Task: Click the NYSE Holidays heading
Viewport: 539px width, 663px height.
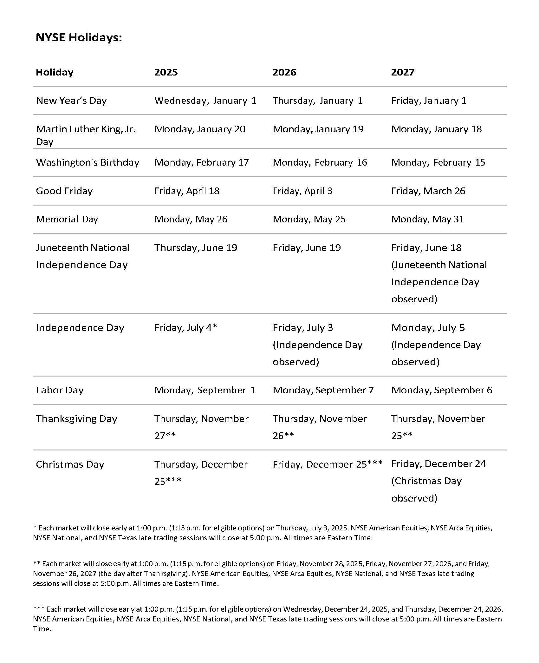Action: [79, 38]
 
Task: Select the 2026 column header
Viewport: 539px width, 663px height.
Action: [284, 72]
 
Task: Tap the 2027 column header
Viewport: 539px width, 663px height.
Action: [402, 72]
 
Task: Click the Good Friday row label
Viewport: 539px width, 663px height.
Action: [64, 191]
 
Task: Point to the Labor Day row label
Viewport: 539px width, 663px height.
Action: [60, 390]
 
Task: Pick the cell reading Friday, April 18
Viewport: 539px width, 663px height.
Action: [187, 191]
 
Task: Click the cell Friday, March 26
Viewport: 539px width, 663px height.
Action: [428, 191]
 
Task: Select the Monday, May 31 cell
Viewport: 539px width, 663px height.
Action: [427, 219]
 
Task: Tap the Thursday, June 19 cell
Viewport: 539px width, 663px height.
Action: [196, 248]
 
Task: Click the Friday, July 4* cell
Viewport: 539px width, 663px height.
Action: [185, 328]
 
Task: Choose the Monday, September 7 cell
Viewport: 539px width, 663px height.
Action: [323, 390]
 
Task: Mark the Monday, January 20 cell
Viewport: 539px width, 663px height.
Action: [200, 129]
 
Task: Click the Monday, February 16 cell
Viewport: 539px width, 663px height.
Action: [320, 162]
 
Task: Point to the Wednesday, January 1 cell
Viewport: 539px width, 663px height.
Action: [205, 101]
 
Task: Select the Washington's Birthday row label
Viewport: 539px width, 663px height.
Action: [88, 162]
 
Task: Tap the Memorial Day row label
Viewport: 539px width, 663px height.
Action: [67, 219]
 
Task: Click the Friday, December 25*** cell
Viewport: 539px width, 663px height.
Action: [328, 464]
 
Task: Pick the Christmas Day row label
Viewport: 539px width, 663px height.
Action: [70, 464]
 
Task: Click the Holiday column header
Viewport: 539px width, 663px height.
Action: [55, 72]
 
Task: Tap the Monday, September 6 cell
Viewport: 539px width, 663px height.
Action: [442, 390]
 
